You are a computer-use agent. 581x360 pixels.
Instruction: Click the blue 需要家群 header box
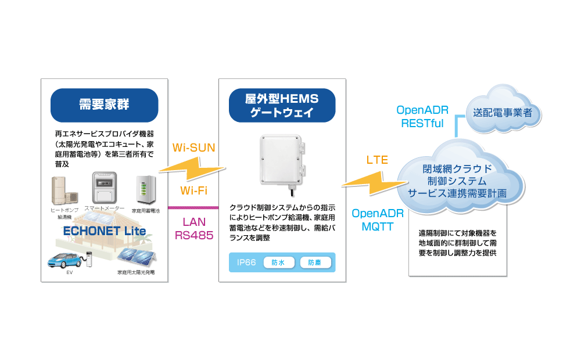105,105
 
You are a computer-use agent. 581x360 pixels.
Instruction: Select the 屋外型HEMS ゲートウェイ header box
282,105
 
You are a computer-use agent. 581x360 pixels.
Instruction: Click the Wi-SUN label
194,148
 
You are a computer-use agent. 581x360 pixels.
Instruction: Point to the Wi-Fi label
194,190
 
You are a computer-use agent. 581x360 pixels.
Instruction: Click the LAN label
194,222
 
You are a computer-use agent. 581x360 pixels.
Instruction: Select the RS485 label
194,235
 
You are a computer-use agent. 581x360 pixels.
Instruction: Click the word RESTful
422,123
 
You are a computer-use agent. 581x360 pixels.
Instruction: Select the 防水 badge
278,262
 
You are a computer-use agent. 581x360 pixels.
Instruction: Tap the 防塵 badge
315,262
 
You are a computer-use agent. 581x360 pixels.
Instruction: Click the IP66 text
247,262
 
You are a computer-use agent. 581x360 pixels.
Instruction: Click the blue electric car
64,260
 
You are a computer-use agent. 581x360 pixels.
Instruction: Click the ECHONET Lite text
105,229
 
